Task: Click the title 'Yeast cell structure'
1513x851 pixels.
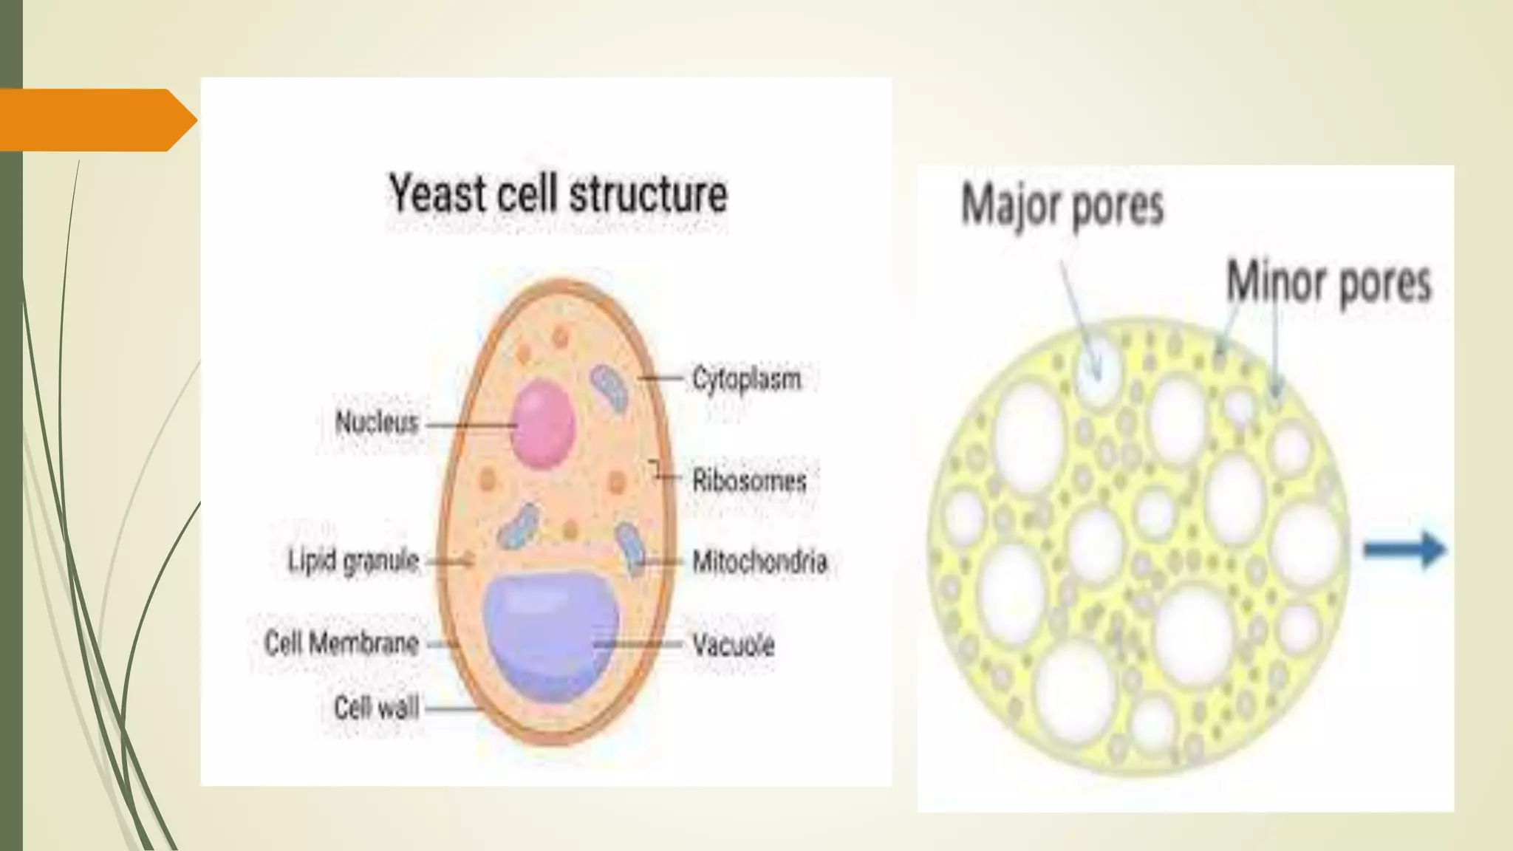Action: [558, 194]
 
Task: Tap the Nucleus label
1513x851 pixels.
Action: [377, 423]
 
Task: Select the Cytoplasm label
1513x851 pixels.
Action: [746, 379]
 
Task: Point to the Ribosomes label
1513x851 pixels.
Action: [749, 481]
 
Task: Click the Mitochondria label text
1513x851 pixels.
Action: [759, 562]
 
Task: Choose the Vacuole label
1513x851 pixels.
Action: [733, 645]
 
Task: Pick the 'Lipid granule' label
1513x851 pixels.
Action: [353, 561]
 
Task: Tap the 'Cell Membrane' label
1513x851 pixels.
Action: [341, 643]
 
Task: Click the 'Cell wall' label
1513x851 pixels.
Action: [376, 708]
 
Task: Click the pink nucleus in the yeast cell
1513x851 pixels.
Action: [543, 423]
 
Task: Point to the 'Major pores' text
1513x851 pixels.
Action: [1062, 205]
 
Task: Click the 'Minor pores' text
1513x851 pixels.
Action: [1328, 282]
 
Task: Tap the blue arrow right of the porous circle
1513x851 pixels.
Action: [1404, 550]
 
